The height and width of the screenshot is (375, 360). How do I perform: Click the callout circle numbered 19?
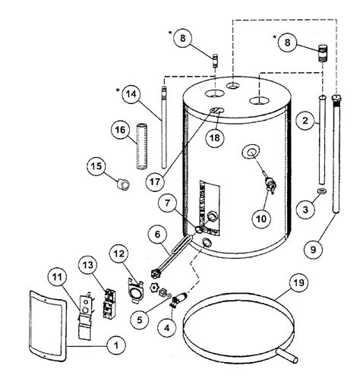(x=295, y=286)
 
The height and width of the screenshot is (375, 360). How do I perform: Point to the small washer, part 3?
(x=321, y=189)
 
